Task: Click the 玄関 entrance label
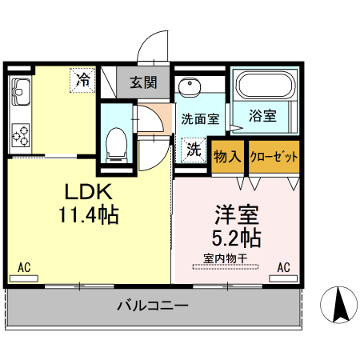[x=143, y=81]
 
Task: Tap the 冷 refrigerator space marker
[x=83, y=79]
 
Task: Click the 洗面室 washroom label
[x=199, y=120]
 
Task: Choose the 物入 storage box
[x=228, y=156]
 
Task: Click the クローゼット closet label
[x=274, y=156]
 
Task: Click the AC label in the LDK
[x=23, y=267]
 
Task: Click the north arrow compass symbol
[x=339, y=305]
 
